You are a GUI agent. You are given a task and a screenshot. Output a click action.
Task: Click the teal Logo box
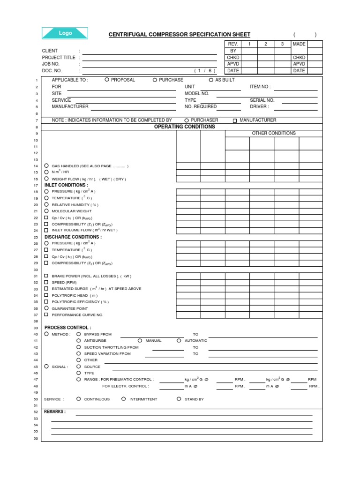tap(65, 33)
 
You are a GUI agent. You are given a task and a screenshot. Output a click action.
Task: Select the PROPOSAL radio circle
tap(107, 80)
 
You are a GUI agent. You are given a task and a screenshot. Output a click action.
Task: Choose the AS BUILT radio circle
tap(211, 80)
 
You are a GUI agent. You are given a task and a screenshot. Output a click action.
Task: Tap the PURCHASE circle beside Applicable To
tap(155, 80)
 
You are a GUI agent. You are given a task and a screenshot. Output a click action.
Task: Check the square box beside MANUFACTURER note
tap(234, 120)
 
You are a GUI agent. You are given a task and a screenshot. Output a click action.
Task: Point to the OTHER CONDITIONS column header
tap(274, 133)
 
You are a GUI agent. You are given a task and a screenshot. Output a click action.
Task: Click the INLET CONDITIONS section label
tap(66, 185)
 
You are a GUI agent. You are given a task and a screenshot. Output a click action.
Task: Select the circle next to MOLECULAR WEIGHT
tap(46, 211)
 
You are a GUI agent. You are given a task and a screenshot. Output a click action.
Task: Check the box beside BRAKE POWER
tap(46, 276)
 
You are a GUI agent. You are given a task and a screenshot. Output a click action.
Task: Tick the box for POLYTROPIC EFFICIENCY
tap(46, 302)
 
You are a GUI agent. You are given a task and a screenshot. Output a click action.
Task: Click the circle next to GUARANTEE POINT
tap(46, 308)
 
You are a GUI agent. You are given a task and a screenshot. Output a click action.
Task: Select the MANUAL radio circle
tap(140, 340)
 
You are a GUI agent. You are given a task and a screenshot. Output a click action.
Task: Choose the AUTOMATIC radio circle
tap(179, 340)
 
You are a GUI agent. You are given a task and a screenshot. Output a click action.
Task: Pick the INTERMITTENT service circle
tap(123, 399)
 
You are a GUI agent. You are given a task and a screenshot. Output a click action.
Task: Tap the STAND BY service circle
tap(179, 399)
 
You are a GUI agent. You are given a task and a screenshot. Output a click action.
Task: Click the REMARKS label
tap(55, 412)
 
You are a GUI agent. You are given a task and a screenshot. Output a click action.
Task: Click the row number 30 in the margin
tap(35, 270)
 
